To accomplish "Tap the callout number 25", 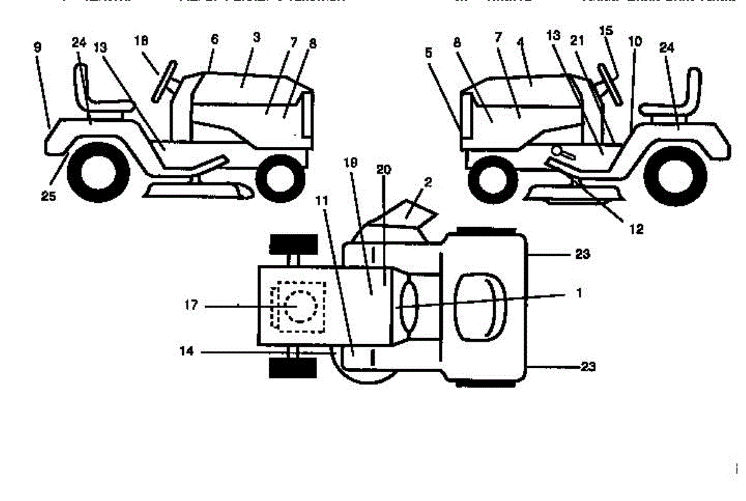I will pos(49,196).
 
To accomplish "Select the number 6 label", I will pos(215,38).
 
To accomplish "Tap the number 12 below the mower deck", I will pos(636,229).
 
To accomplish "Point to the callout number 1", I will pos(579,292).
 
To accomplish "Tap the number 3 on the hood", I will pos(256,38).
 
